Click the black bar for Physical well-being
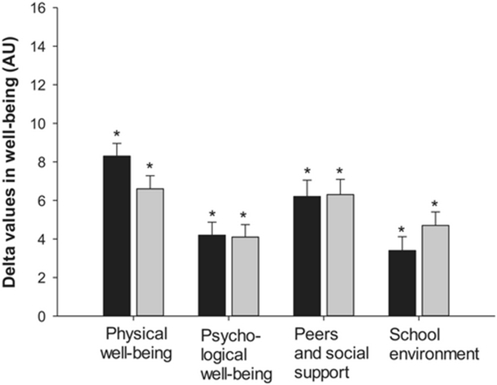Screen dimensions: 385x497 tap(118, 235)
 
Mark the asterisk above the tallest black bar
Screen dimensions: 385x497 tap(116, 135)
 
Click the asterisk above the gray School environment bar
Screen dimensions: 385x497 tap(435, 204)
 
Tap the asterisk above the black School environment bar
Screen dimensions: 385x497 tap(402, 230)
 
